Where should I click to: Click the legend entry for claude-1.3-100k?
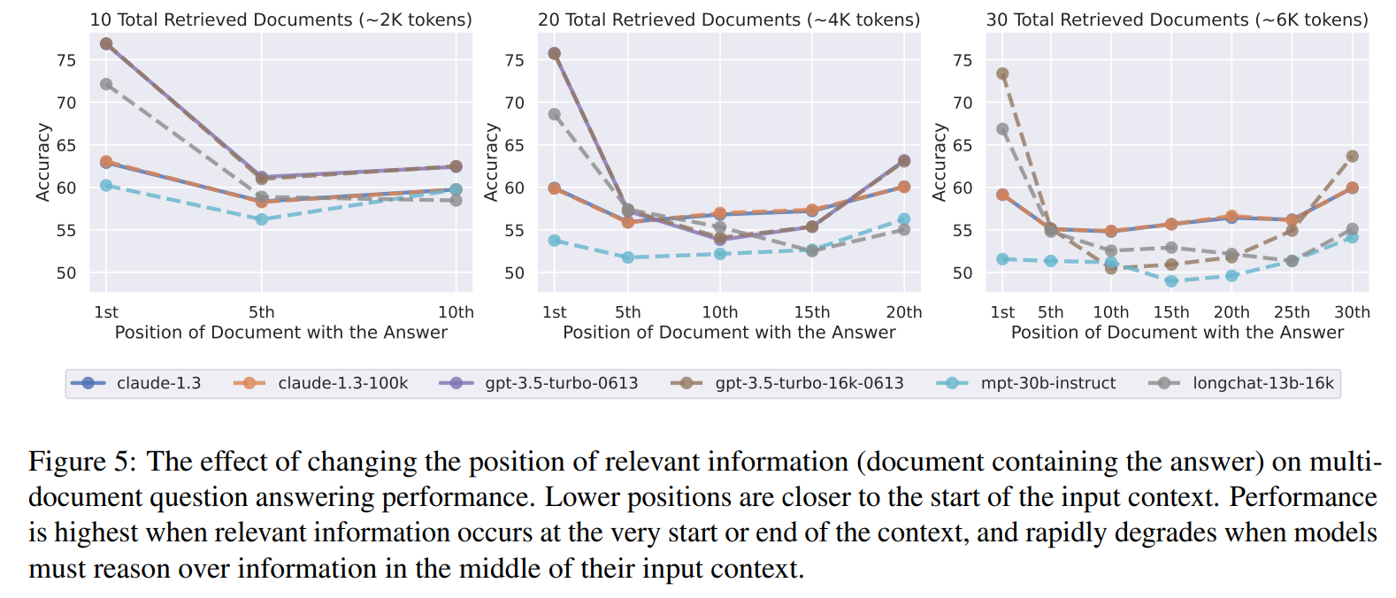pyautogui.click(x=342, y=383)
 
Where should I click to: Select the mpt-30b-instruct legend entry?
pyautogui.click(x=1047, y=383)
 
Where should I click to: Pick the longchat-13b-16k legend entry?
pyautogui.click(x=1262, y=383)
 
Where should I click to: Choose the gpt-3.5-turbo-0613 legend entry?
pyautogui.click(x=561, y=383)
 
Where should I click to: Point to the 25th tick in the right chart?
pyautogui.click(x=1292, y=312)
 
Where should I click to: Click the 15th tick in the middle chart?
pyautogui.click(x=811, y=312)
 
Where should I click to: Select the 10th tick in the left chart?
pyautogui.click(x=456, y=312)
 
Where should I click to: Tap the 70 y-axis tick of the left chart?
pyautogui.click(x=66, y=103)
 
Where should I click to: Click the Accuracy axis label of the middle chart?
pyautogui.click(x=491, y=162)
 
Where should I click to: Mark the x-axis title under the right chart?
pyautogui.click(x=1177, y=333)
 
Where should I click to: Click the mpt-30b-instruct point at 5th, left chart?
pyautogui.click(x=262, y=218)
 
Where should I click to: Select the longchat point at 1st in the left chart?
pyautogui.click(x=106, y=84)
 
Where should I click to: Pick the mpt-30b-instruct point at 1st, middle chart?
pyautogui.click(x=555, y=241)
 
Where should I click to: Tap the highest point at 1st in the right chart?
pyautogui.click(x=1002, y=73)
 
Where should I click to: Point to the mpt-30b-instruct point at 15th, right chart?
pyautogui.click(x=1171, y=281)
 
